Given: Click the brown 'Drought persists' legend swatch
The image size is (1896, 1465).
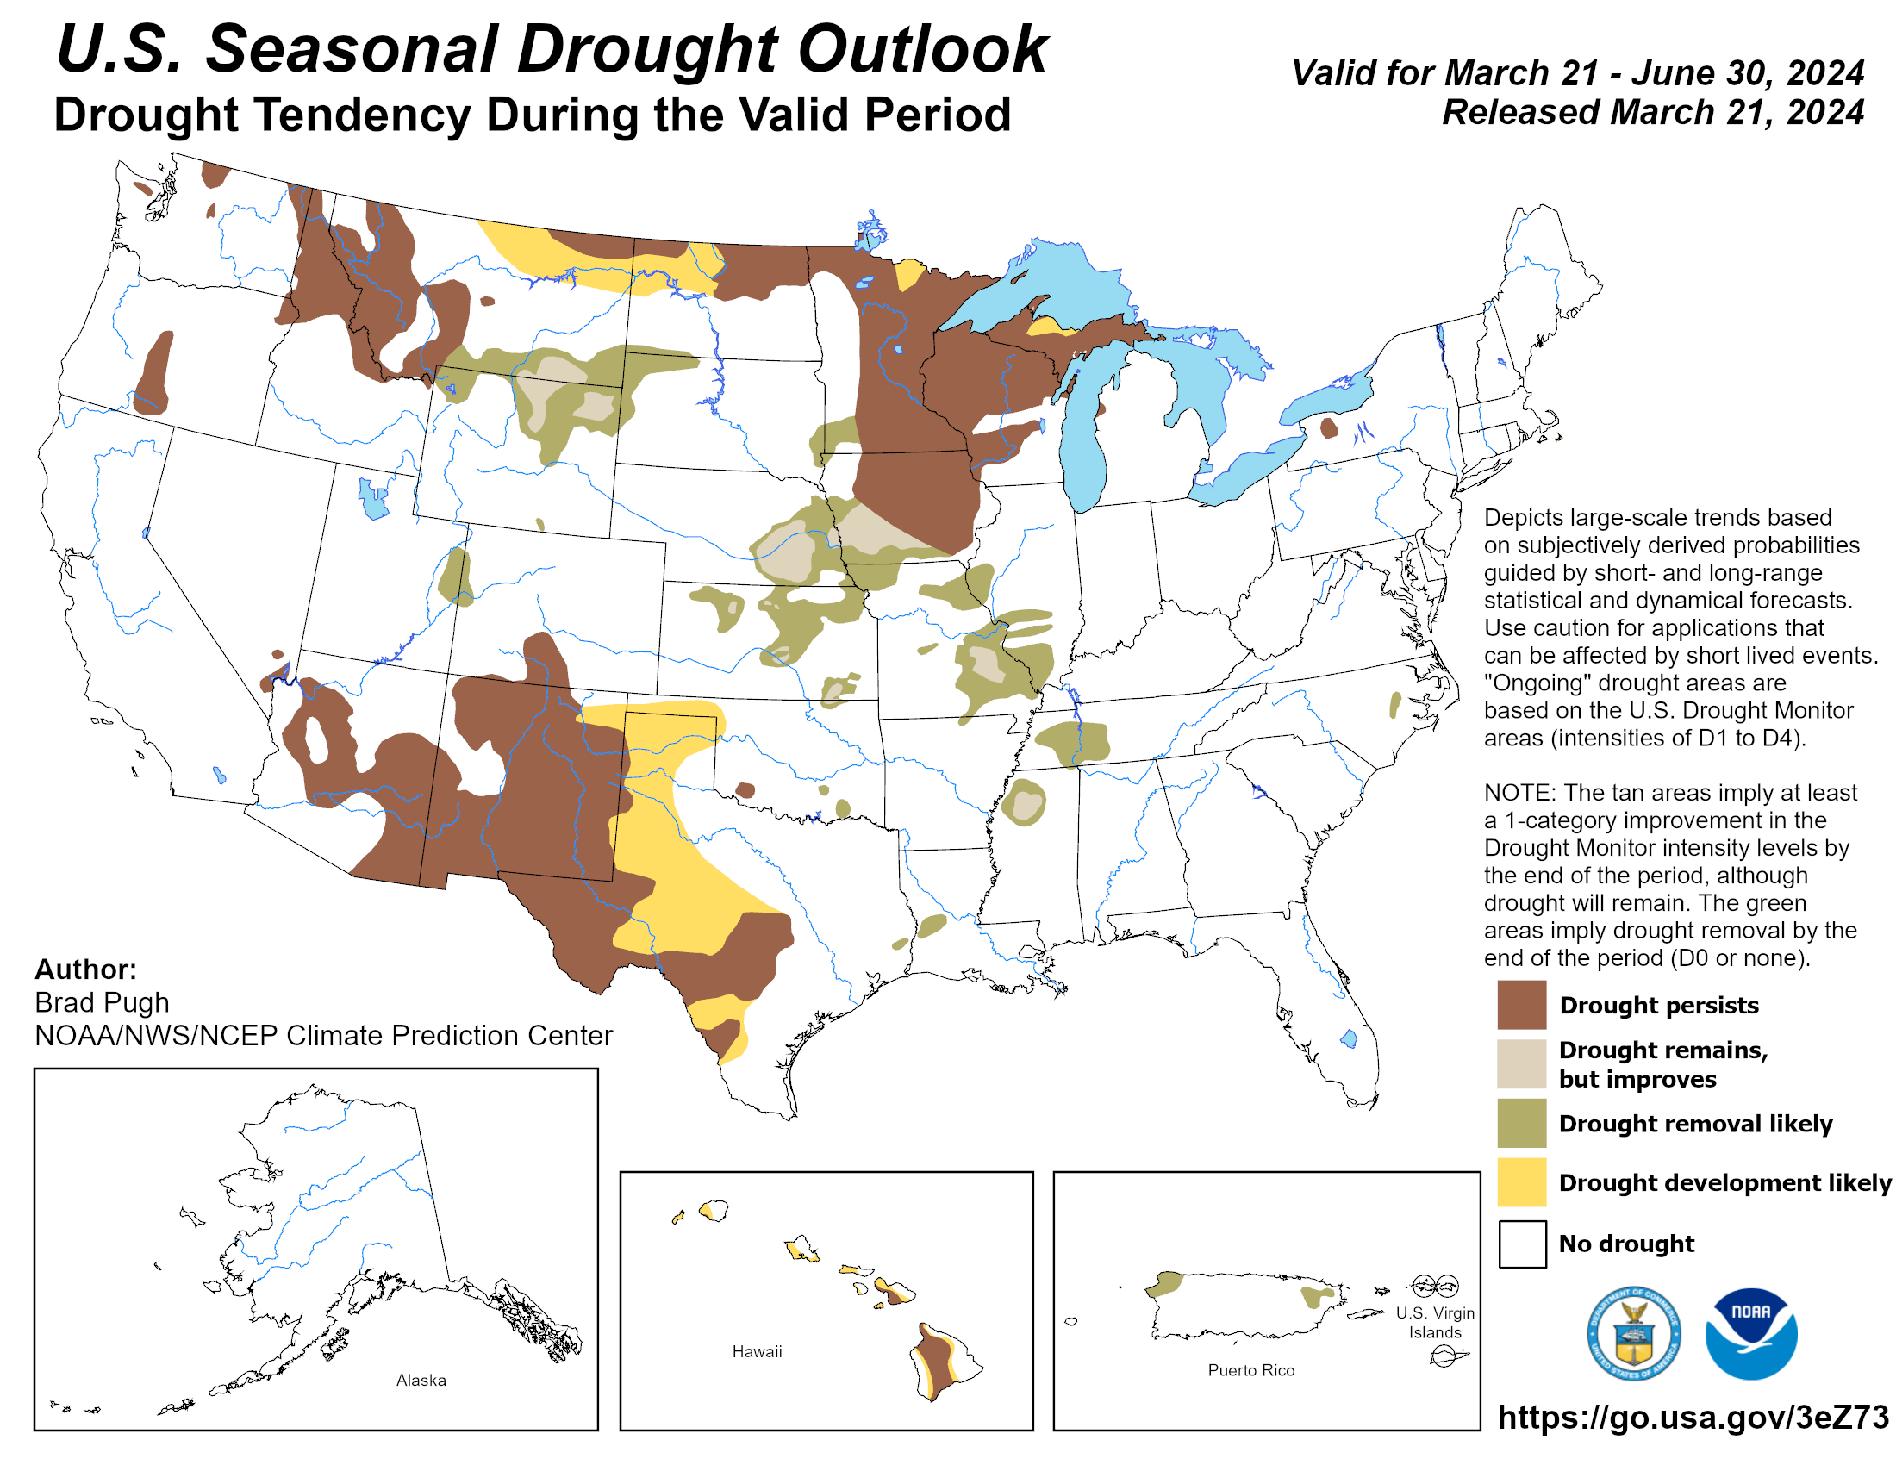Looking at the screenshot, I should [x=1521, y=1004].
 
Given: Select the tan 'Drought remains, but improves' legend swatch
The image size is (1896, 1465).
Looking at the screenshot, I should [x=1521, y=1063].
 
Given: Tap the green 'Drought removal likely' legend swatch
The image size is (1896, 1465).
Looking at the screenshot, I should [x=1521, y=1123].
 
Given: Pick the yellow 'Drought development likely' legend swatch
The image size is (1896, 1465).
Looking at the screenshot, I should [x=1521, y=1182].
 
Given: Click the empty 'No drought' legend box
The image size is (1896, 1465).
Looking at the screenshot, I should [x=1521, y=1244].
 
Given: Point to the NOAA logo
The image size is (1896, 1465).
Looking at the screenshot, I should [x=1750, y=1334].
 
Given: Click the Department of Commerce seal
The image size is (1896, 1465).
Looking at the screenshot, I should [x=1633, y=1334].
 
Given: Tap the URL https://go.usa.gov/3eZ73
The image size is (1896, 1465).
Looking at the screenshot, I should [x=1692, y=1418].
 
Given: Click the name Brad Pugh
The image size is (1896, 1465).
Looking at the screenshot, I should [x=102, y=1002].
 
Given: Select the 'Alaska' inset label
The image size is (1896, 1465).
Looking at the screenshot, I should [x=421, y=1380].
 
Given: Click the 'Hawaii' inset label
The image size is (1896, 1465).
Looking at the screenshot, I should [x=756, y=1351].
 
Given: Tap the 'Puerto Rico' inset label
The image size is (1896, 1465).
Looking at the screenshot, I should [x=1250, y=1370].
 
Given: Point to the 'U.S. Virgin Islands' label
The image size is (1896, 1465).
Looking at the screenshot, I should [x=1434, y=1323].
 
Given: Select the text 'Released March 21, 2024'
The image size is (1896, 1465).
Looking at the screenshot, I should [x=1652, y=113].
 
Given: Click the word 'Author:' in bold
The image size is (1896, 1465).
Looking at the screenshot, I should [x=85, y=969].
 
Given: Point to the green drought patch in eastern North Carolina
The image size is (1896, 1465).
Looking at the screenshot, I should [x=1394, y=704].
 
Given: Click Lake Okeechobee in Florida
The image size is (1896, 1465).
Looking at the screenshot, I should [x=1348, y=1038].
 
